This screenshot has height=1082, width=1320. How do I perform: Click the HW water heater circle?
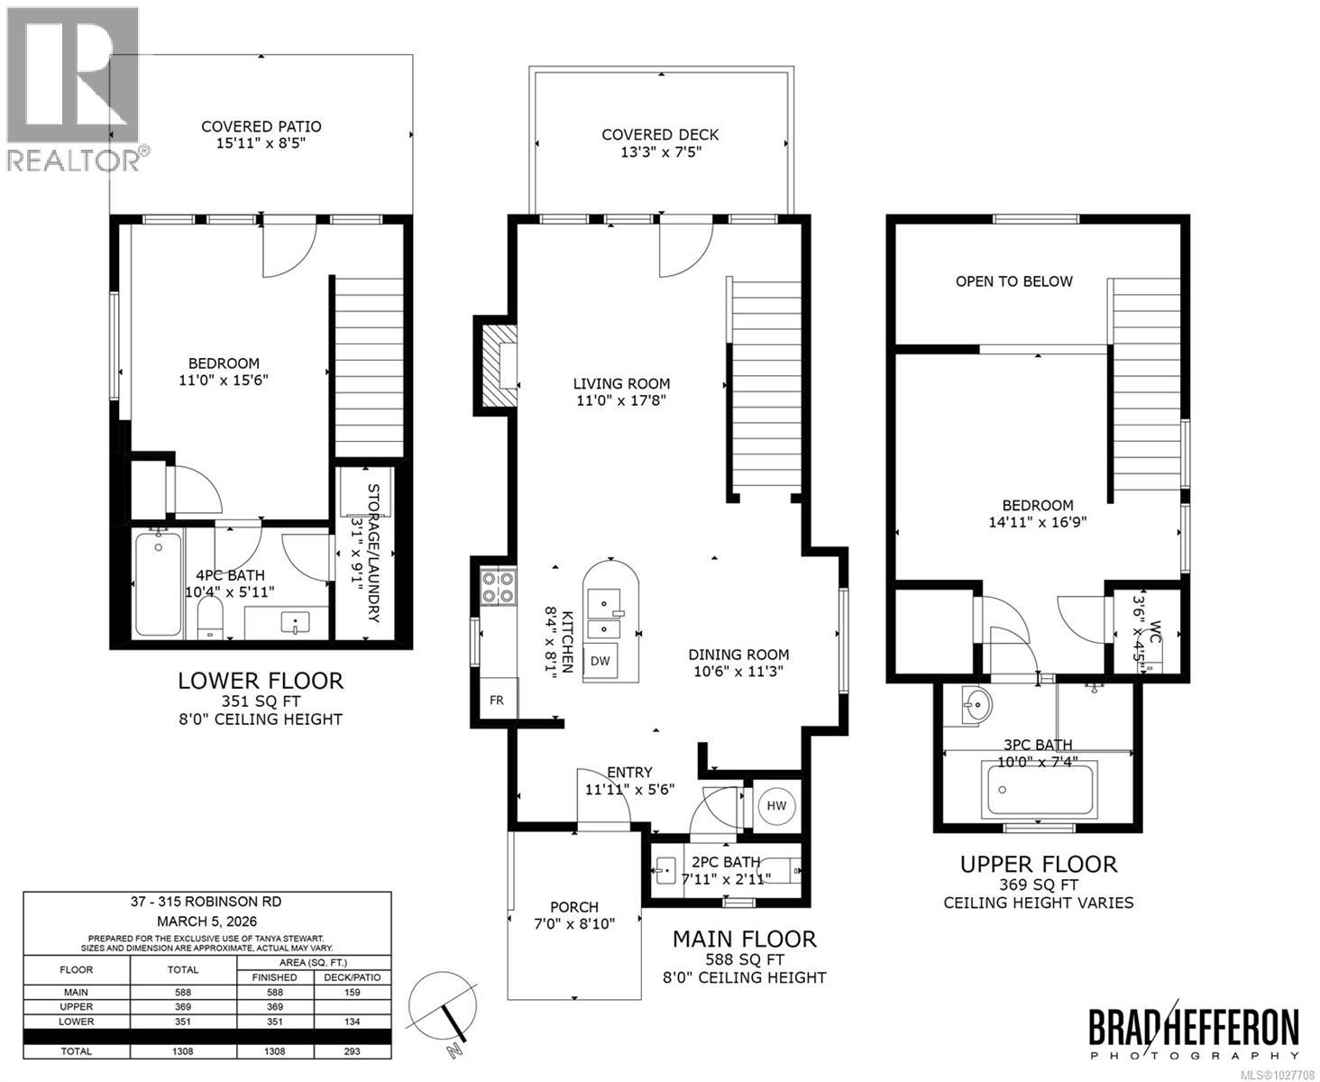[776, 805]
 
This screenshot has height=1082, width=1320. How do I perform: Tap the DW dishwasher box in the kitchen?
[600, 661]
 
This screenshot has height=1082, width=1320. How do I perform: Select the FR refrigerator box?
[497, 700]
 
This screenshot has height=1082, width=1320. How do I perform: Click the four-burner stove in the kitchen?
[498, 587]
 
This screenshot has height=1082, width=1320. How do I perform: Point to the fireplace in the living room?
[499, 365]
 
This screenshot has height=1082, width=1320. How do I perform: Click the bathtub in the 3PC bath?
[1040, 789]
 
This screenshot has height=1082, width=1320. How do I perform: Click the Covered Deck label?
[660, 135]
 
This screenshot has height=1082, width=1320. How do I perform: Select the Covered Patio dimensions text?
[261, 144]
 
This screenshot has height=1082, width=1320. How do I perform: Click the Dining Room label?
[738, 655]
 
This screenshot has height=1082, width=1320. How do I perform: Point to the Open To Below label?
[1013, 281]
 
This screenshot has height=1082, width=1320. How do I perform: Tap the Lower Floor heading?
[260, 681]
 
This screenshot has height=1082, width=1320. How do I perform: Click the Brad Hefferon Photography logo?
[1194, 1032]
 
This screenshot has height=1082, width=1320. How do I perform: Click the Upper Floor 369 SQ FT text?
[1038, 885]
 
